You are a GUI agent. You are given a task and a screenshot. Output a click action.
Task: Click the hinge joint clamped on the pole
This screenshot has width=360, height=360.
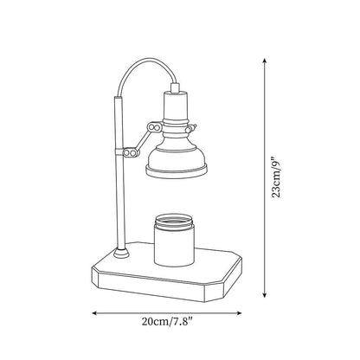coord(129,154)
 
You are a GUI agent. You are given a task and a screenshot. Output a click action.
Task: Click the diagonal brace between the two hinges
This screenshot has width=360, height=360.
coord(141,140)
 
